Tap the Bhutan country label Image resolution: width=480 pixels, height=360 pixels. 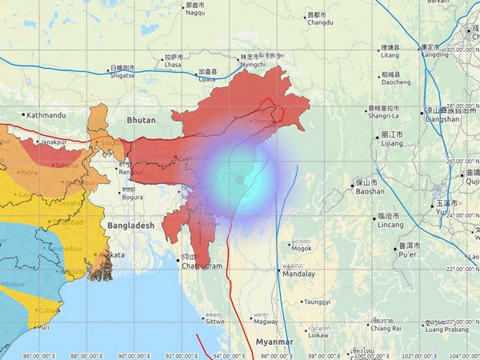[142, 119]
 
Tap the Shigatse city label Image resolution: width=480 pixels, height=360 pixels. [123, 75]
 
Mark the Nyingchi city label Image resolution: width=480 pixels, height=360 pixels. [253, 64]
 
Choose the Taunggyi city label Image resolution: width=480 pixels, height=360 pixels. [316, 302]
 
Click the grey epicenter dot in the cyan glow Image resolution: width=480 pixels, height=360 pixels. [239, 181]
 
